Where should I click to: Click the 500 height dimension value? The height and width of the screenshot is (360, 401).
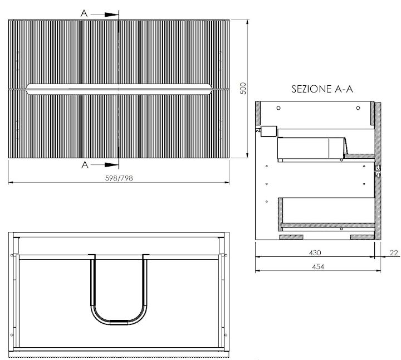point(242,89)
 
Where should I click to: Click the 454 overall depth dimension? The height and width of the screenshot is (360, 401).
point(317,267)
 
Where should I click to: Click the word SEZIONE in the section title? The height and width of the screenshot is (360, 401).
point(309,89)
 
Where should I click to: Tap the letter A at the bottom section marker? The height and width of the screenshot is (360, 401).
point(84,164)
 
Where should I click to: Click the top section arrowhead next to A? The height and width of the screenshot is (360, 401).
point(113,14)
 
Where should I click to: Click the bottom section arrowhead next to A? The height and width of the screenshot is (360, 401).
point(113,164)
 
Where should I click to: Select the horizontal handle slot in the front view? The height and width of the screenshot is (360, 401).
point(119,87)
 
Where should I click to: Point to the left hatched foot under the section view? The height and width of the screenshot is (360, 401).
point(291,237)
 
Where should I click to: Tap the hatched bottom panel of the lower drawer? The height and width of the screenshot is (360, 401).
point(326,226)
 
